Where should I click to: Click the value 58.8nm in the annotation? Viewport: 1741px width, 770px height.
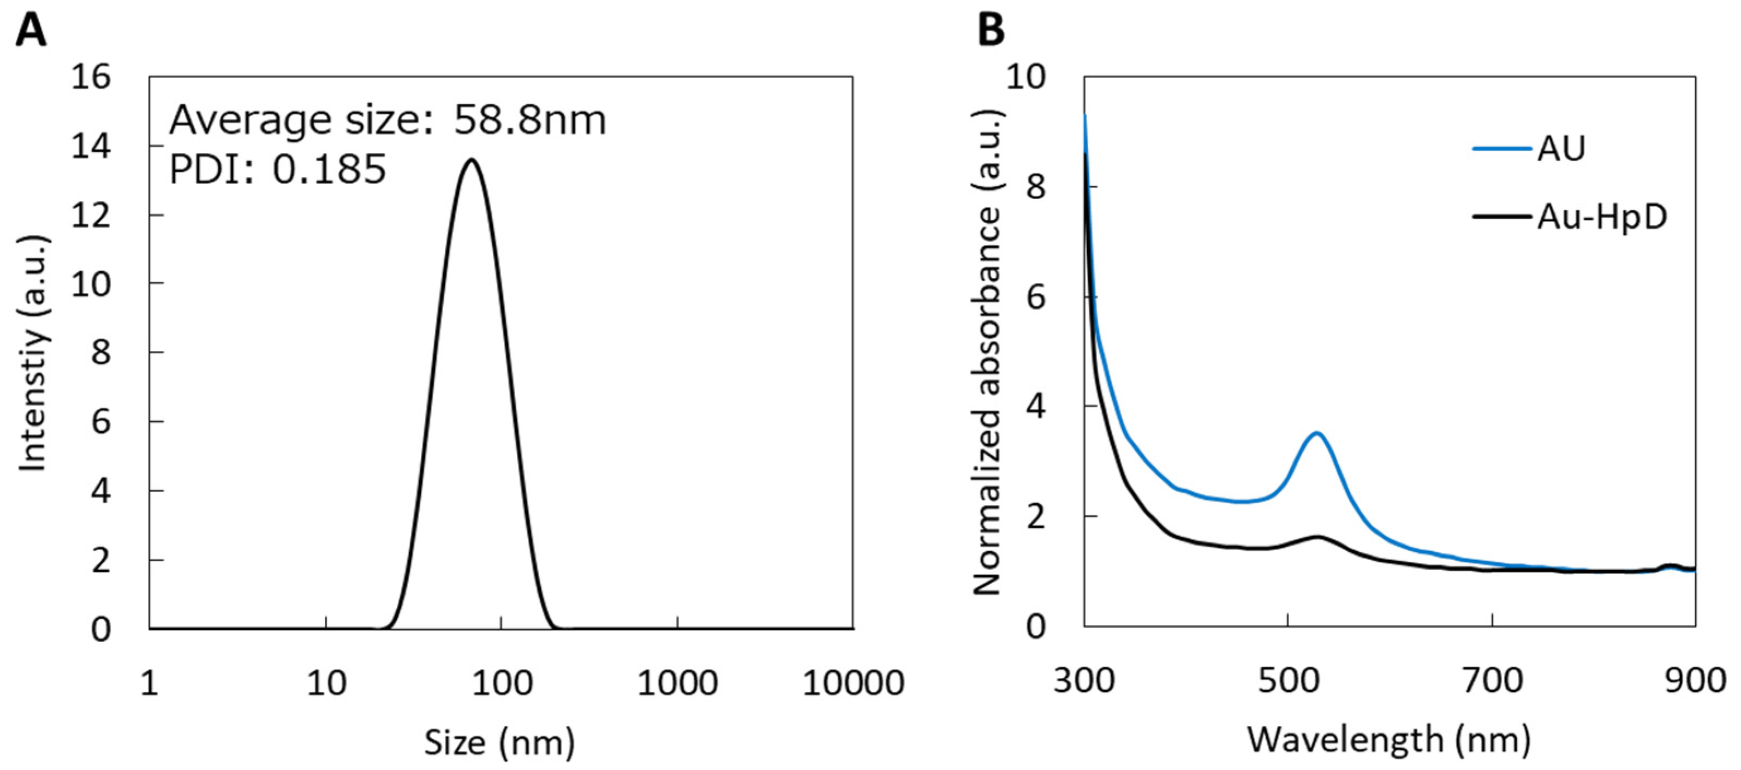(x=529, y=121)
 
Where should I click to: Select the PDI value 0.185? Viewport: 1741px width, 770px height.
(x=329, y=169)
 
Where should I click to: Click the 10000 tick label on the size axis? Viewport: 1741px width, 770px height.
(x=852, y=683)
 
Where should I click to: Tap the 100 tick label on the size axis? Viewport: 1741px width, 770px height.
(x=502, y=683)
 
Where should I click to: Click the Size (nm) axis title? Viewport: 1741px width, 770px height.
(x=499, y=742)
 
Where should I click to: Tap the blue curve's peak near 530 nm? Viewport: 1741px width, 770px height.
(x=1316, y=433)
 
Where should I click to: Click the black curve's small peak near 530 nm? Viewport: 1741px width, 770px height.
(x=1318, y=537)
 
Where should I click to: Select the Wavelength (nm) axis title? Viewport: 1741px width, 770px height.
(x=1389, y=739)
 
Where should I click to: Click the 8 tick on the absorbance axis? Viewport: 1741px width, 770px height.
(x=1035, y=187)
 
